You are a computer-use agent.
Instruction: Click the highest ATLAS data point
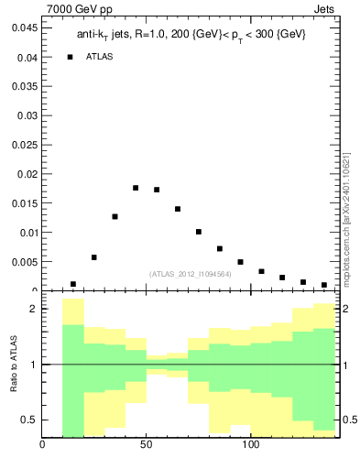click(136, 188)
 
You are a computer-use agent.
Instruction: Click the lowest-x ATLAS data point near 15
click(73, 284)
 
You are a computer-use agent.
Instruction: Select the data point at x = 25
click(94, 257)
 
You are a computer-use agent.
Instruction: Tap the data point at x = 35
click(115, 216)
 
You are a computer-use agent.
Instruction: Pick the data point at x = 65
click(178, 209)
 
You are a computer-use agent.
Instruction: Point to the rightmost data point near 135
click(324, 285)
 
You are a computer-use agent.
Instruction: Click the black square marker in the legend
click(71, 57)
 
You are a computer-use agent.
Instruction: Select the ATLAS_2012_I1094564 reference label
click(191, 274)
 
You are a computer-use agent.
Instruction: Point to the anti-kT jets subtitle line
click(191, 34)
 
